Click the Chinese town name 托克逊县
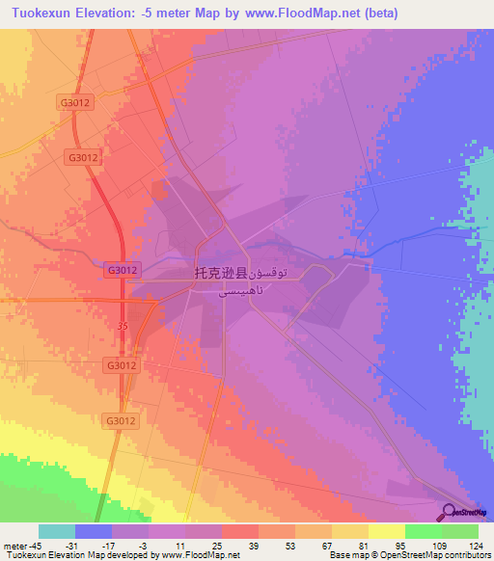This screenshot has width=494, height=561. pos(222,274)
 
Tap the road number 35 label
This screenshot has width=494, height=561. pos(122,327)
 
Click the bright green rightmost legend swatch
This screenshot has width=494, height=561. pos(460,531)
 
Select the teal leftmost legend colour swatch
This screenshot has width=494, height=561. pos(57,531)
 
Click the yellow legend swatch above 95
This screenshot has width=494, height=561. pos(387,531)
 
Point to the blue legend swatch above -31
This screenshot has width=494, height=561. pos(94,531)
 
